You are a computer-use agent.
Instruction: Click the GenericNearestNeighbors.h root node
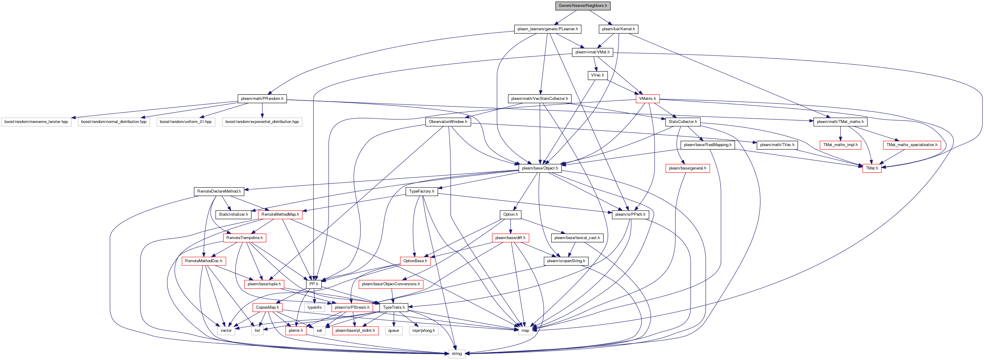(x=582, y=6)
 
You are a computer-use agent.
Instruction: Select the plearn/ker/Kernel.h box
(x=618, y=29)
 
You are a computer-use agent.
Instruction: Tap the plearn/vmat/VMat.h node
(x=592, y=52)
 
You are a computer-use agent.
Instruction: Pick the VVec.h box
(x=597, y=75)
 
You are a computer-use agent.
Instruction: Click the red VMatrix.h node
(x=648, y=99)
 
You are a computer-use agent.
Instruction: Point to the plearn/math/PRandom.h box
(x=262, y=99)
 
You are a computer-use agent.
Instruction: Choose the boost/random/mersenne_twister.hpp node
(x=36, y=122)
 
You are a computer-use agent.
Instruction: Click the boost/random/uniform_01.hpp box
(x=186, y=122)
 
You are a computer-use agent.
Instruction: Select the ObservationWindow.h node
(x=448, y=122)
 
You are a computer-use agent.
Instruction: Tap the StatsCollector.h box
(x=683, y=122)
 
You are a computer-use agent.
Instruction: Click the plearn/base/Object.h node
(x=540, y=168)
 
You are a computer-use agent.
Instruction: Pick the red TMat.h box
(x=872, y=168)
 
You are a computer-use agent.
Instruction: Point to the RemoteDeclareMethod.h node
(x=219, y=191)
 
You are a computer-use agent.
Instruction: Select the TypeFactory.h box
(x=422, y=191)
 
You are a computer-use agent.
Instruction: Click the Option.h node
(x=511, y=214)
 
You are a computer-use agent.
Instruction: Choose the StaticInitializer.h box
(x=233, y=214)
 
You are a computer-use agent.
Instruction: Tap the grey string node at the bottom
(x=457, y=353)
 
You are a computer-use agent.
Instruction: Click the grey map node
(x=525, y=331)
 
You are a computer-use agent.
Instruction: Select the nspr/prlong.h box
(x=424, y=331)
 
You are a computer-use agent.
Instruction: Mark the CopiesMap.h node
(x=268, y=307)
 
